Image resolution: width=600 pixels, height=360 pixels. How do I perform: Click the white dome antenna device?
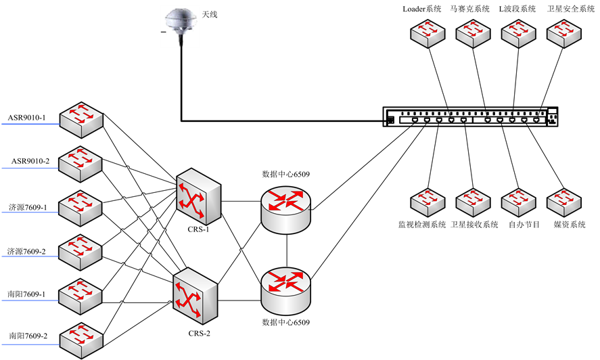[180, 26]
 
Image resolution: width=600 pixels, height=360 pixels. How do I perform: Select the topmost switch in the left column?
[81, 120]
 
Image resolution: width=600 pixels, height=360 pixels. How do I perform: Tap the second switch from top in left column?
[80, 164]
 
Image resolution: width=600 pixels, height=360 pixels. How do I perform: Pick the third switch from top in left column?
[80, 208]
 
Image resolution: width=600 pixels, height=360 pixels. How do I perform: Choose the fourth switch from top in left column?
[80, 252]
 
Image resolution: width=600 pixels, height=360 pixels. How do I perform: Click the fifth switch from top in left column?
[80, 296]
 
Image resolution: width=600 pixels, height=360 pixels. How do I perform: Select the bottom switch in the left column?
[81, 340]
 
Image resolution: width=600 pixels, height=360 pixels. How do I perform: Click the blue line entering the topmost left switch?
[30, 125]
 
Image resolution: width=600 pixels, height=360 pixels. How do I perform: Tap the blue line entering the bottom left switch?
[30, 344]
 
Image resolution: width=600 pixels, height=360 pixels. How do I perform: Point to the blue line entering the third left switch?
[30, 212]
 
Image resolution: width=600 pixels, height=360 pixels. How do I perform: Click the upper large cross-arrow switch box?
[198, 196]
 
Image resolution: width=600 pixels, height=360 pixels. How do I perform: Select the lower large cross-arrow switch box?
[195, 295]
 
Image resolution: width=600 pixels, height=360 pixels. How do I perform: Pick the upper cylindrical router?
[286, 210]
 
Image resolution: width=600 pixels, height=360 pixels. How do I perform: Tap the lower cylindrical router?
[286, 291]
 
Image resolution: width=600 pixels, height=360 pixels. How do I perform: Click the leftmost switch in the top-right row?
[428, 33]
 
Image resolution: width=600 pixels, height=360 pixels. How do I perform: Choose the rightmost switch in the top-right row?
[564, 33]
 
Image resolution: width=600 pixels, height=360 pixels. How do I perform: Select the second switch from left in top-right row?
[473, 33]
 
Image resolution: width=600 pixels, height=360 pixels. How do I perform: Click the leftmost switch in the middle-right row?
[428, 202]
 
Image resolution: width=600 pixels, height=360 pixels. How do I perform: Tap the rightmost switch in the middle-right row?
[564, 202]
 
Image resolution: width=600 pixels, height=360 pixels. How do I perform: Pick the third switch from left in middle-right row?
[518, 202]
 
